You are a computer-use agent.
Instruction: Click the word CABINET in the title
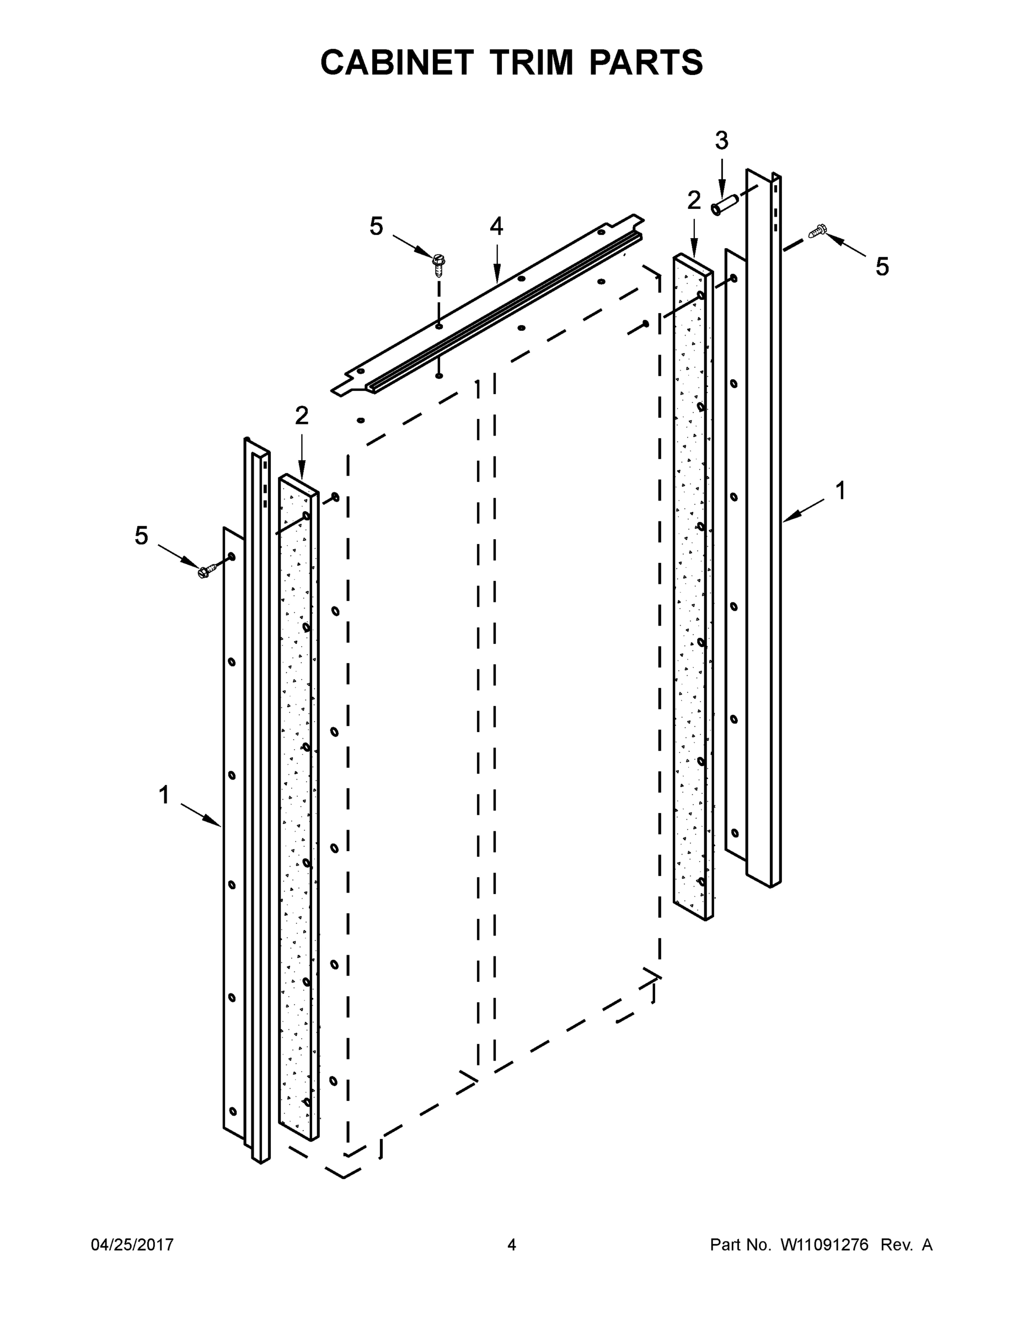[x=397, y=62]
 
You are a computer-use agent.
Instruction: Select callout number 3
[x=721, y=141]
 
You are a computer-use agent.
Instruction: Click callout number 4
[x=496, y=227]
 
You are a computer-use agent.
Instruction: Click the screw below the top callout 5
[x=439, y=265]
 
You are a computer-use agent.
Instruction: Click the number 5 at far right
[x=882, y=267]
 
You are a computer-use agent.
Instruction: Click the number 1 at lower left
[x=164, y=795]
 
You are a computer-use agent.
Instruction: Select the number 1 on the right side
[x=840, y=491]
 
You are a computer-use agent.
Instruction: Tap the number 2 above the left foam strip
[x=301, y=416]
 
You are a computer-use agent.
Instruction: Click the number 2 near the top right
[x=694, y=201]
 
